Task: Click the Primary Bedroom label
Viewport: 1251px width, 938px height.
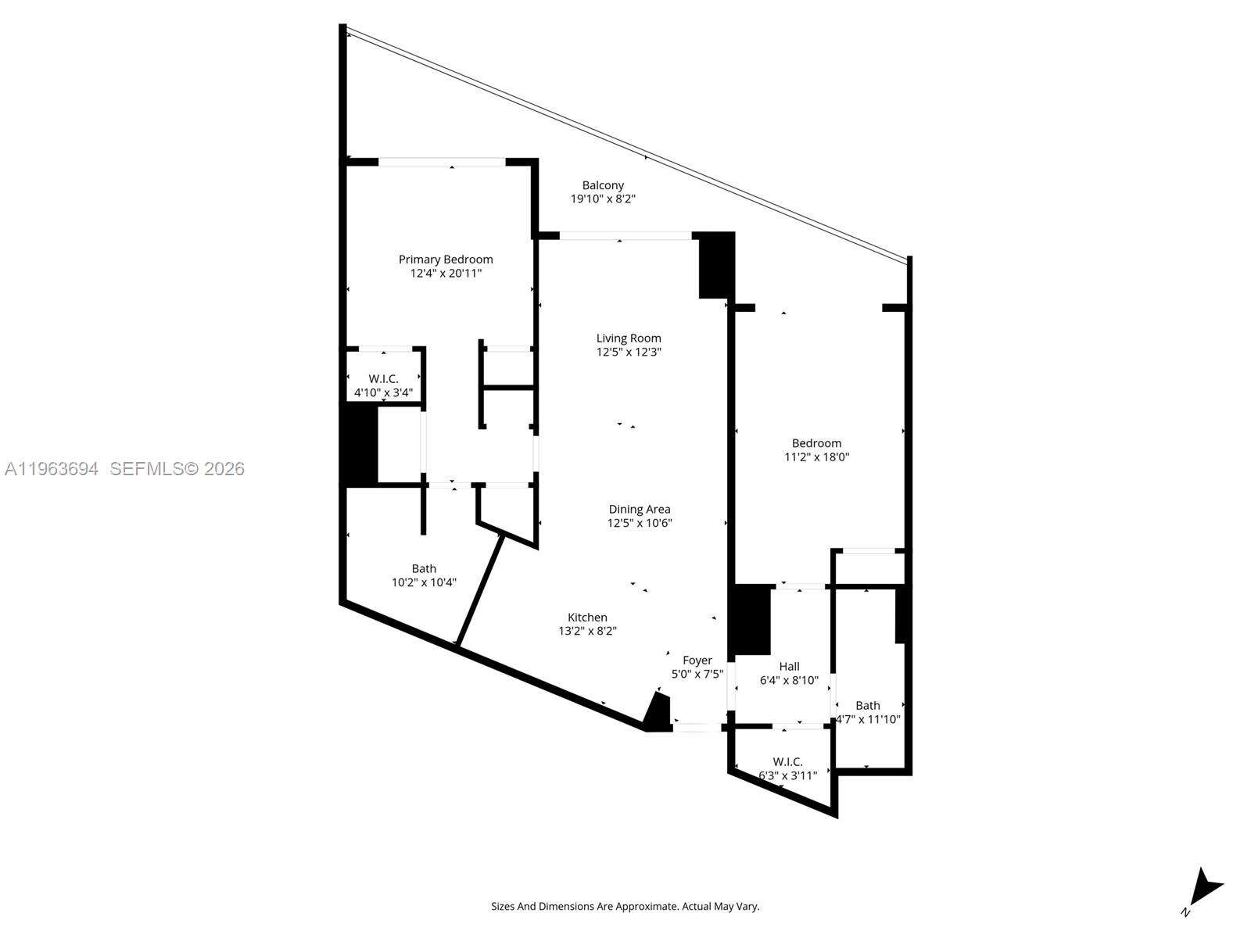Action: click(x=446, y=260)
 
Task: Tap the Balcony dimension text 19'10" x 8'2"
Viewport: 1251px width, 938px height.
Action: click(x=603, y=199)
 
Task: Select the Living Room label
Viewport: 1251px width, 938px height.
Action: click(x=629, y=338)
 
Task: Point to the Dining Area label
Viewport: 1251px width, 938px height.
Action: click(x=640, y=509)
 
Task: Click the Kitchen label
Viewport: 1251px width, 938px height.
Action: click(x=587, y=618)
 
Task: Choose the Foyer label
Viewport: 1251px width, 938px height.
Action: click(x=697, y=660)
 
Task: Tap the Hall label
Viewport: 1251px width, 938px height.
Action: click(x=790, y=666)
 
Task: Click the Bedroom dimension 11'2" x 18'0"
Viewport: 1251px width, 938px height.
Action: click(x=817, y=456)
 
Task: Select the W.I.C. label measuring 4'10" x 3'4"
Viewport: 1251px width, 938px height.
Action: click(x=384, y=379)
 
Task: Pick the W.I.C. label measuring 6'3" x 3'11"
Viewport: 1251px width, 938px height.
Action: click(x=787, y=762)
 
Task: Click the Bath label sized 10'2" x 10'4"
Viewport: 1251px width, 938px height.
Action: click(x=424, y=568)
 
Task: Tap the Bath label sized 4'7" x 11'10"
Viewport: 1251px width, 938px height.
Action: click(x=867, y=706)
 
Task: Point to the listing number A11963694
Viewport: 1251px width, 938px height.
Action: click(x=52, y=469)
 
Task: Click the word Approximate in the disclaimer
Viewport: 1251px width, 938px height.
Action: click(x=651, y=906)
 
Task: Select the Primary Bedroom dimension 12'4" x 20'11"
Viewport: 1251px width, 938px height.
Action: click(x=446, y=274)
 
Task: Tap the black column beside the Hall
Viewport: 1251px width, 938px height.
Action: click(x=750, y=620)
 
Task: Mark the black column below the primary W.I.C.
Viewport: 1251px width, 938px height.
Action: click(x=359, y=445)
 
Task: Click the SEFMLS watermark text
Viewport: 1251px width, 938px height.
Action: click(x=177, y=469)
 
